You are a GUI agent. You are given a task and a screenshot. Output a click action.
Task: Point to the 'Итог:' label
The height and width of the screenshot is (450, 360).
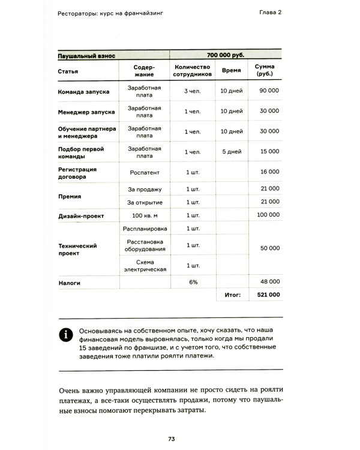pos(232,295)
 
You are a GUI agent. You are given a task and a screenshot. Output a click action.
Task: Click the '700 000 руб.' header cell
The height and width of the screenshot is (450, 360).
pos(226,55)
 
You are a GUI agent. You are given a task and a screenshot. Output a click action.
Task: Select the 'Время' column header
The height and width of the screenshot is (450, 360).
pos(232,70)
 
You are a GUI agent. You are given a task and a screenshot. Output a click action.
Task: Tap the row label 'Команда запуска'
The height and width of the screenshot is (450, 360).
pos(84,92)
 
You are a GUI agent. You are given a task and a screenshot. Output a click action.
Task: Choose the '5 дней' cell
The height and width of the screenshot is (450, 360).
pos(232,151)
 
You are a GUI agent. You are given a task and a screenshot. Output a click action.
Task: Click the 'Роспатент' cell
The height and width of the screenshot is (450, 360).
pos(145,172)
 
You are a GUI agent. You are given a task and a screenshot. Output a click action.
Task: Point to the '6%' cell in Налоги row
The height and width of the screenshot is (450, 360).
pos(193,281)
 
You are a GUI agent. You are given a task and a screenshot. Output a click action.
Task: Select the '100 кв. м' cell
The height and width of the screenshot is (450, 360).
pos(145,215)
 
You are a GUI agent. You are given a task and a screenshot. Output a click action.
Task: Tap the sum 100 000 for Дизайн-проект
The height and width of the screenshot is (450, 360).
pos(268,215)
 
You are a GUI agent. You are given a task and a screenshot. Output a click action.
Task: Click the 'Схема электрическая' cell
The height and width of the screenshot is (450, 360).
pos(145,266)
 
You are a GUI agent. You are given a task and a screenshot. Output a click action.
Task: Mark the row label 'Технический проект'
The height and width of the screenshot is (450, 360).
pos(78,249)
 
